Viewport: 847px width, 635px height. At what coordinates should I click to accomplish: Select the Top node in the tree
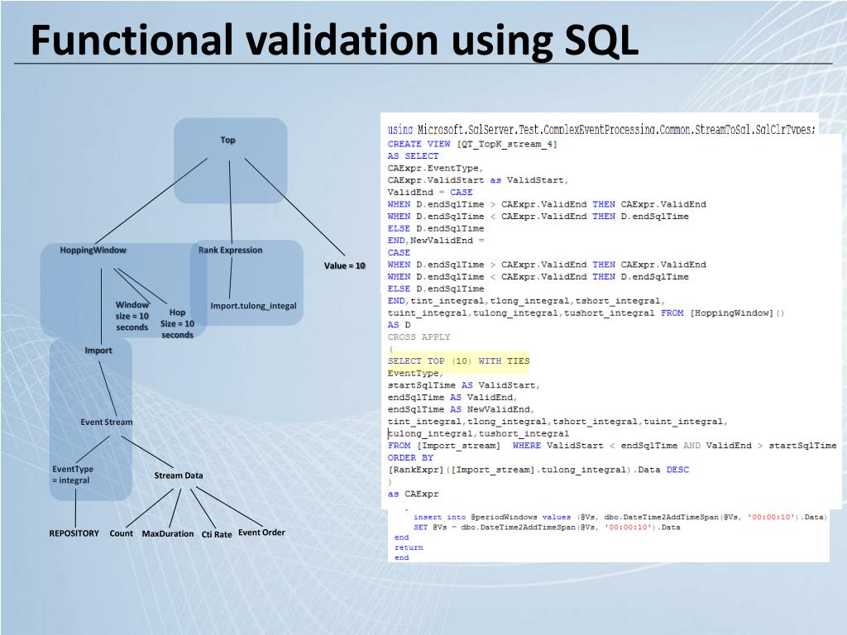point(227,140)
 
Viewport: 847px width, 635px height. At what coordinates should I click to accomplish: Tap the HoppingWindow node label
point(93,250)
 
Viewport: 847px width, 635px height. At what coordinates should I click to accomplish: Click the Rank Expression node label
point(230,250)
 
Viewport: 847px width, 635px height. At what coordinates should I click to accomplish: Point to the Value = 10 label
point(344,265)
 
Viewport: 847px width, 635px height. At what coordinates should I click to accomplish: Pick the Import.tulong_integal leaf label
point(253,306)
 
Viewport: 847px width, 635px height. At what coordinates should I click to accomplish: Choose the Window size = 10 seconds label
point(132,316)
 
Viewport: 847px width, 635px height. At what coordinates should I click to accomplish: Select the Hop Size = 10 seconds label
point(177,323)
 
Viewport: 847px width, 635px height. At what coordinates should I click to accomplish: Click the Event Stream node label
point(106,422)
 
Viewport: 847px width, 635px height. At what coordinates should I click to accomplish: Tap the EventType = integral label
point(72,475)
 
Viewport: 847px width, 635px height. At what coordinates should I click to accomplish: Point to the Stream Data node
point(178,475)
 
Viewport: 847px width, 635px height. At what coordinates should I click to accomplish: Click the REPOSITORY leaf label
point(74,533)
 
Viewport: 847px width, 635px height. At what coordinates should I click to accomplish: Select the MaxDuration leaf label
point(168,533)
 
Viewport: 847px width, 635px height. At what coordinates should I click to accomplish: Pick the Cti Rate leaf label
point(217,534)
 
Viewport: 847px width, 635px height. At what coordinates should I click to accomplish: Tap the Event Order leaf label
point(261,532)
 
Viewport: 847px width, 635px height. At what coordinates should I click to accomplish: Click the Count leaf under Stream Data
point(121,533)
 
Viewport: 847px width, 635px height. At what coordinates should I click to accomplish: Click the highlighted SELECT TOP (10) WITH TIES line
point(458,361)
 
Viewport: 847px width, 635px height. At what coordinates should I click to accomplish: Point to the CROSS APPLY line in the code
point(419,337)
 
